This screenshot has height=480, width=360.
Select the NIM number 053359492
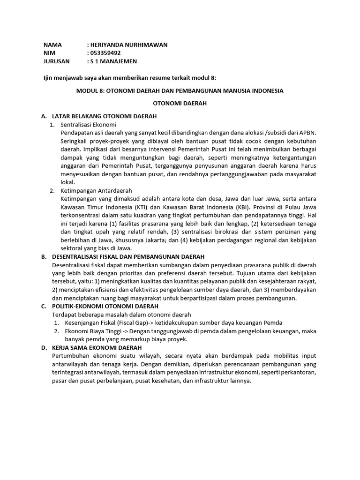109,53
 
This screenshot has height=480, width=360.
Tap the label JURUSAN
56,61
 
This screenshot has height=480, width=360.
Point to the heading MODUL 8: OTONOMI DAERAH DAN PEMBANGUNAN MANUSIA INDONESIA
180,90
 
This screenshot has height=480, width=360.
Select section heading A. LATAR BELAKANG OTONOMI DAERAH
104,116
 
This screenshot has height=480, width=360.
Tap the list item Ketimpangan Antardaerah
97,191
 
